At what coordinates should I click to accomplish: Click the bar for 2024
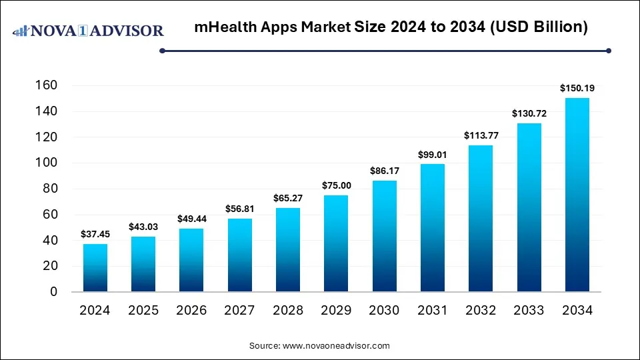[x=95, y=268]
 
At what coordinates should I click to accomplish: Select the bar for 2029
[x=336, y=243]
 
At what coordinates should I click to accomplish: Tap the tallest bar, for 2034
[x=577, y=195]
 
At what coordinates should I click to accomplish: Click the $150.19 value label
[x=577, y=87]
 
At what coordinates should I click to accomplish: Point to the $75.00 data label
[x=336, y=185]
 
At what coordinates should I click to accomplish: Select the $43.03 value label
[x=143, y=226]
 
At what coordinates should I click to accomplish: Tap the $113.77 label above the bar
[x=480, y=135]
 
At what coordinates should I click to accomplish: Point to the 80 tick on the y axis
[x=51, y=189]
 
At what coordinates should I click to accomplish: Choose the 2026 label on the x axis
[x=191, y=310]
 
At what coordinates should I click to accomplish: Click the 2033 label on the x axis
[x=529, y=310]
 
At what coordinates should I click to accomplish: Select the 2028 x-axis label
[x=288, y=310]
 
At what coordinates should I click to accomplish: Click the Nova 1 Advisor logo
[x=88, y=31]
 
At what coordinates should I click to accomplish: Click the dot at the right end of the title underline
[x=608, y=50]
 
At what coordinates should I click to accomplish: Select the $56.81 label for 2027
[x=239, y=208]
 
